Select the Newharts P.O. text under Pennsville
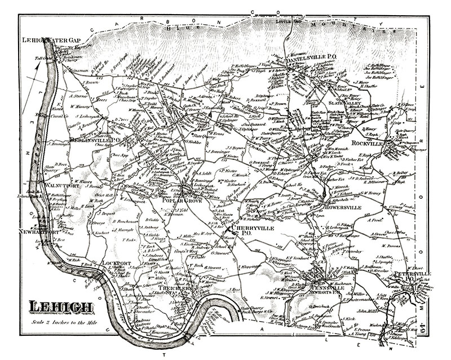(327, 292)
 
